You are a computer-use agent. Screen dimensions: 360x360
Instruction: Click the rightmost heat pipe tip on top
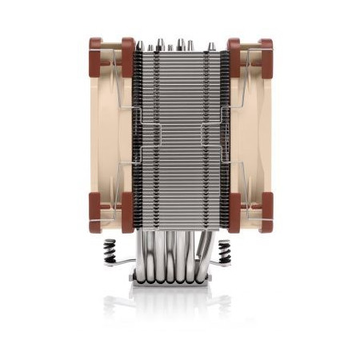pos(212,46)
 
